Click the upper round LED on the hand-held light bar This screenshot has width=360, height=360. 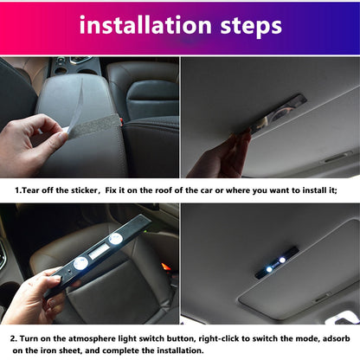tap(116, 241)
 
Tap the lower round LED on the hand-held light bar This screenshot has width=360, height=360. tap(80, 263)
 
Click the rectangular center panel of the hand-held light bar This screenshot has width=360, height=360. tap(98, 252)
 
